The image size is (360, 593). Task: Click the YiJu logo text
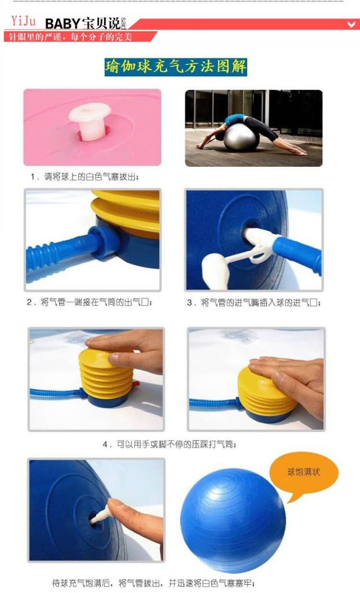pos(23,22)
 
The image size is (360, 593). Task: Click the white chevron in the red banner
pos(351,24)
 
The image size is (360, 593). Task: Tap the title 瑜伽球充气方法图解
pos(176,67)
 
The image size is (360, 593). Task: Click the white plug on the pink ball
pos(90,120)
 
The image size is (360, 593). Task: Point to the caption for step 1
pos(85,176)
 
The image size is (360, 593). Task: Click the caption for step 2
pos(93,302)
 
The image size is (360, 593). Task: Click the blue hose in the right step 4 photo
pos(211,402)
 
